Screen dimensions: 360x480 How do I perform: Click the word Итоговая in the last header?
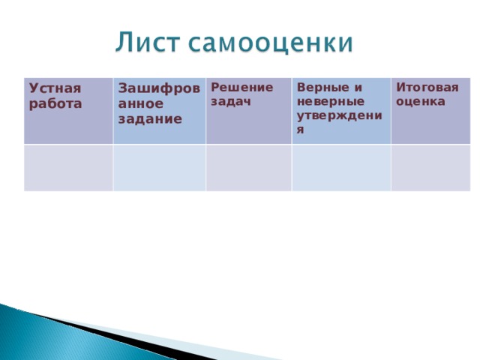pyautogui.click(x=427, y=87)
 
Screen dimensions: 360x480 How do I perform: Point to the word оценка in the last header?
pyautogui.click(x=421, y=100)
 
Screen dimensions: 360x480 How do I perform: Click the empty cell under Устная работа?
pyautogui.click(x=68, y=167)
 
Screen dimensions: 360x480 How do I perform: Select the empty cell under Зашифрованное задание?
pyautogui.click(x=159, y=167)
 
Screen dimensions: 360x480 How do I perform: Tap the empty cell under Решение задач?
pyautogui.click(x=248, y=167)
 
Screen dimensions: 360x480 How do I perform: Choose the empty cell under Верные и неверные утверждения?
pyautogui.click(x=340, y=167)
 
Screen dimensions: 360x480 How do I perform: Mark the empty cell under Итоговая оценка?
pyautogui.click(x=430, y=167)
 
